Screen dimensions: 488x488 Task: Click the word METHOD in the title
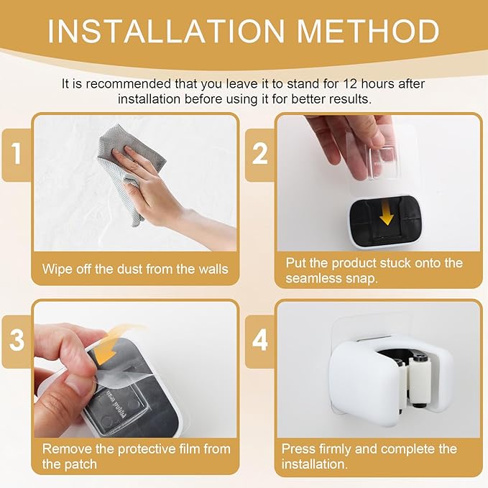pyautogui.click(x=368, y=31)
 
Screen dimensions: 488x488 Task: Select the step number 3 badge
pyautogui.click(x=17, y=340)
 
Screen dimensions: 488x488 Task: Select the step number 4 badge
pyautogui.click(x=259, y=340)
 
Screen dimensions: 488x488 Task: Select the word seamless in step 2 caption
pyautogui.click(x=313, y=278)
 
